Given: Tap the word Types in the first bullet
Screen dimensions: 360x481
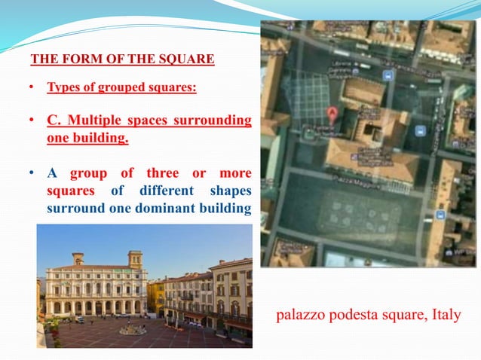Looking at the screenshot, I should (x=64, y=88).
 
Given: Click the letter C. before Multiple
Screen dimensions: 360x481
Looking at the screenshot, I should (x=54, y=121).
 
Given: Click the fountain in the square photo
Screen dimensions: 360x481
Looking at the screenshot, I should (x=133, y=328).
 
